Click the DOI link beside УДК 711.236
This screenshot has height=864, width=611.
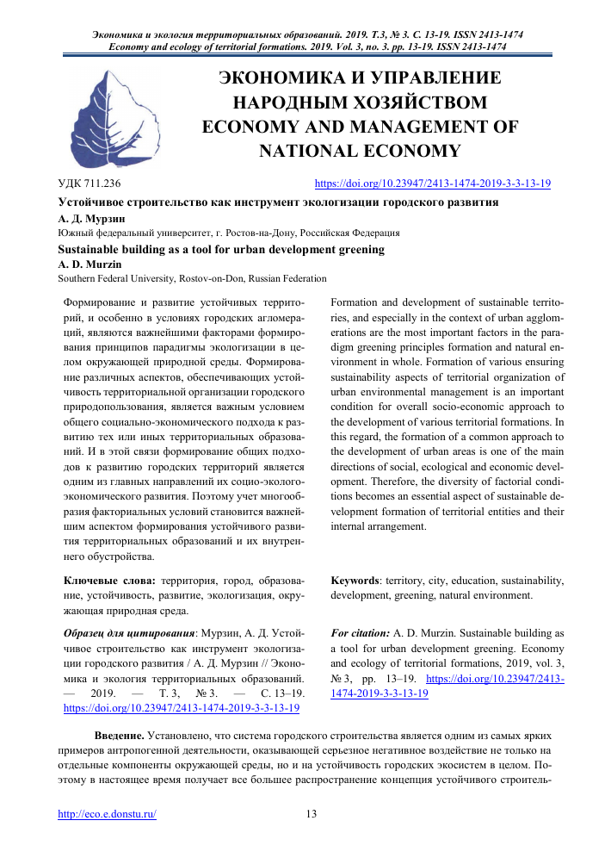pyautogui.click(x=433, y=183)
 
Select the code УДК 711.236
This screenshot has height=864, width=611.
pyautogui.click(x=89, y=184)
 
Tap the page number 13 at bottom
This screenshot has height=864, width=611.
pyautogui.click(x=312, y=814)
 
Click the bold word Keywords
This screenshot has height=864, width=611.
pyautogui.click(x=355, y=581)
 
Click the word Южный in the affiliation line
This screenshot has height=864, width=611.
pyautogui.click(x=75, y=233)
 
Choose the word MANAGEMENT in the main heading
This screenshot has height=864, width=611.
pyautogui.click(x=414, y=127)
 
